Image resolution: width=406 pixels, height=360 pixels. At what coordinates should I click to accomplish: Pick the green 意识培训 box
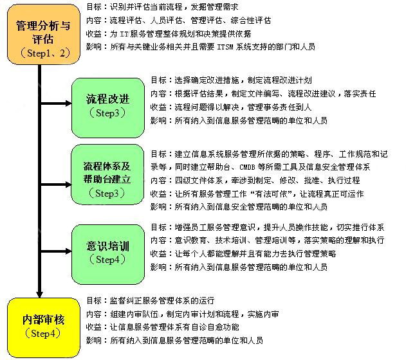pyautogui.click(x=107, y=251)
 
